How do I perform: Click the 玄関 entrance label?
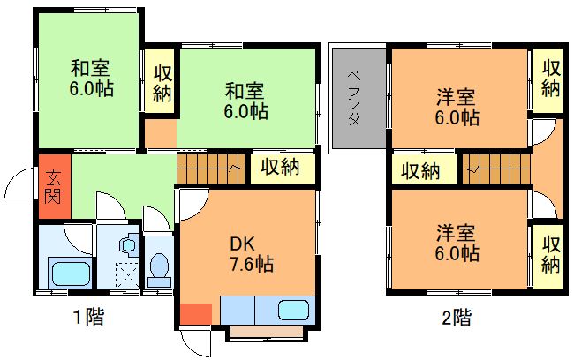pyautogui.click(x=53, y=186)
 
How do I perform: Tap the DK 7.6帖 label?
pyautogui.click(x=251, y=254)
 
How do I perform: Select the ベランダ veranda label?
pyautogui.click(x=353, y=98)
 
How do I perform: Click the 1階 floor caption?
pyautogui.click(x=89, y=317)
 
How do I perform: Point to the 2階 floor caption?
pyautogui.click(x=457, y=317)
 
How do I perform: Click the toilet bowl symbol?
pyautogui.click(x=159, y=270)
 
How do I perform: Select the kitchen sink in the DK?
pyautogui.click(x=293, y=311)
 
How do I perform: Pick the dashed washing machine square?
pyautogui.click(x=127, y=275)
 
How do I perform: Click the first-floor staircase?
pyautogui.click(x=210, y=169)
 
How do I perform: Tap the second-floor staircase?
pyautogui.click(x=496, y=169)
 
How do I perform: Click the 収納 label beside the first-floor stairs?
pyautogui.click(x=281, y=167)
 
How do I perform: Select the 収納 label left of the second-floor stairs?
pyautogui.click(x=421, y=170)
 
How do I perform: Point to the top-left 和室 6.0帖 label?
pyautogui.click(x=90, y=79)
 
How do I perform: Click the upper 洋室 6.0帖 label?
pyautogui.click(x=457, y=107)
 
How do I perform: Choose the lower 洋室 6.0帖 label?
pyautogui.click(x=457, y=244)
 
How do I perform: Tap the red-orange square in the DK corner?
pyautogui.click(x=196, y=314)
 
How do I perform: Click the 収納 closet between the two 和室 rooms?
pyautogui.click(x=162, y=84)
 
